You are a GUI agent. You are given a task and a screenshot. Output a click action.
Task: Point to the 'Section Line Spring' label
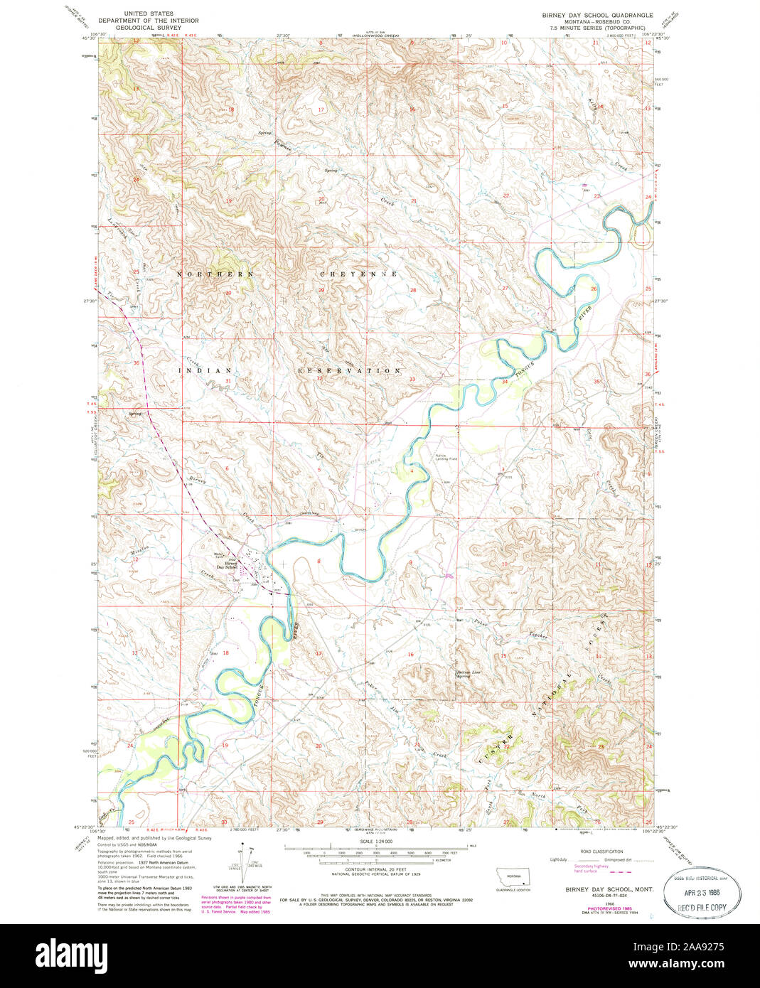464,673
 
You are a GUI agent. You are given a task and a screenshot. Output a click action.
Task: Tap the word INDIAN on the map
209,370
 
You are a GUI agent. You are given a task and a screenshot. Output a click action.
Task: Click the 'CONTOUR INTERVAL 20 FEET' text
375,869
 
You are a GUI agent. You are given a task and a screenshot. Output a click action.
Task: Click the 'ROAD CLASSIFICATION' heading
602,852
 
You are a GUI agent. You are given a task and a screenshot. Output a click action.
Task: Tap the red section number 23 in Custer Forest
601,746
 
